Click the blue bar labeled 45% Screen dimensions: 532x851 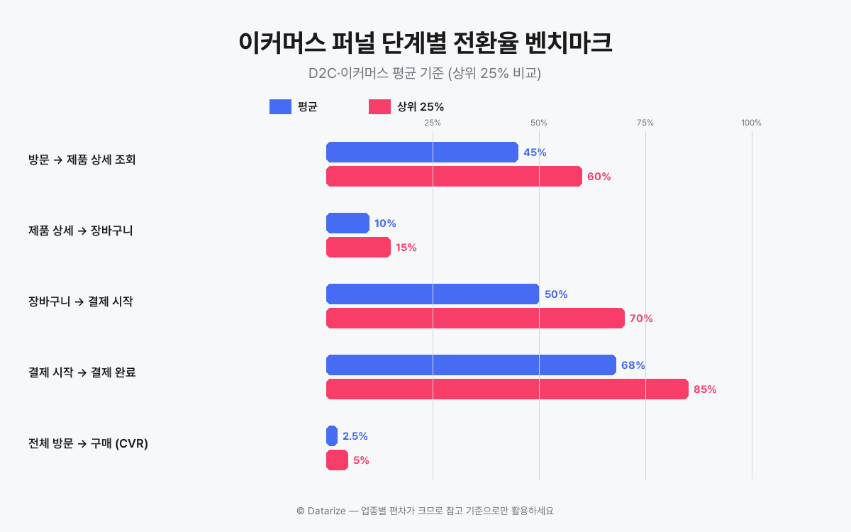(x=422, y=153)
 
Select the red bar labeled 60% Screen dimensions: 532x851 (x=454, y=177)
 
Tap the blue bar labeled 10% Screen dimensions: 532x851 (x=347, y=223)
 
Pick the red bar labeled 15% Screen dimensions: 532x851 (x=358, y=248)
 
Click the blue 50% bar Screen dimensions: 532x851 (x=433, y=294)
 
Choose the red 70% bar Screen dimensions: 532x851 (x=475, y=318)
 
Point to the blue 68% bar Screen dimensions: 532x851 (x=471, y=365)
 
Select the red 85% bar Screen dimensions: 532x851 (x=507, y=389)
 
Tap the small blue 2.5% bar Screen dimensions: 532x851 (x=332, y=436)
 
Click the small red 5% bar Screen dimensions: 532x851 (x=337, y=460)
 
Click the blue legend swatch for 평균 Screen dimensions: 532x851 (x=281, y=107)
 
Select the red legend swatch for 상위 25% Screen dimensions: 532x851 (x=380, y=107)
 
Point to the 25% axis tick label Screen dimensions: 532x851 (x=433, y=123)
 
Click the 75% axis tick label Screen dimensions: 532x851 (x=645, y=123)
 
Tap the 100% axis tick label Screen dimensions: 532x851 (x=751, y=123)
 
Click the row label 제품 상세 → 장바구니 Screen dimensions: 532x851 (x=81, y=231)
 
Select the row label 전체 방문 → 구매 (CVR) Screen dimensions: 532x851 (x=88, y=443)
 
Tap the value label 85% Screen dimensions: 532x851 (x=705, y=389)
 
